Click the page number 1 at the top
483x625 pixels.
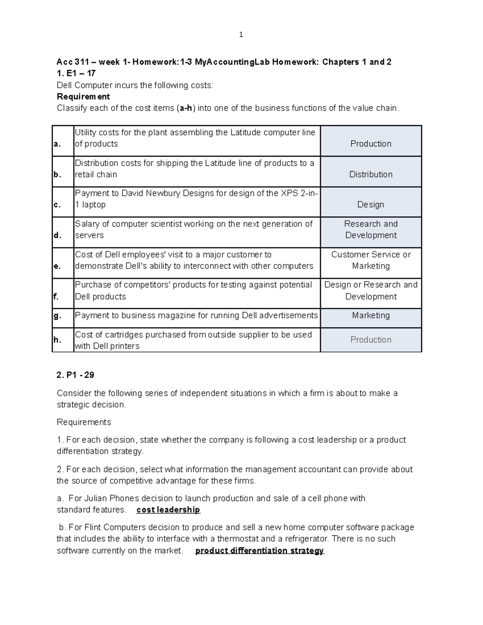tap(241, 35)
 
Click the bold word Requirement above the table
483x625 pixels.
tap(83, 97)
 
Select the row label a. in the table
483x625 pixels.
tap(57, 144)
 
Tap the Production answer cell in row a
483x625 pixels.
tap(371, 144)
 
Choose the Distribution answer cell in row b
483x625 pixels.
tap(371, 174)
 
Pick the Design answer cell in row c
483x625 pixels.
tap(371, 204)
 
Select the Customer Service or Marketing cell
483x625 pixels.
tap(371, 260)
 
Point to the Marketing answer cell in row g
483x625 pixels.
tap(371, 315)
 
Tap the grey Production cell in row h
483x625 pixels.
tap(371, 340)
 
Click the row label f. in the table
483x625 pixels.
tap(56, 297)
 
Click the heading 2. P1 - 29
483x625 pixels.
tap(75, 375)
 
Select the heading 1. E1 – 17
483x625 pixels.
tap(76, 73)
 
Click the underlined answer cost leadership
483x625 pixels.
tap(168, 510)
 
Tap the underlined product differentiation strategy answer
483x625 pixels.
tap(259, 551)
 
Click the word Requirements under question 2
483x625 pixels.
tap(84, 422)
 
